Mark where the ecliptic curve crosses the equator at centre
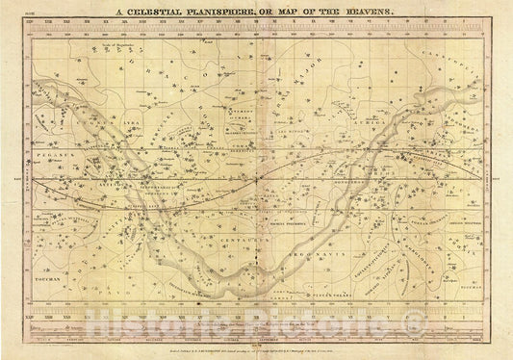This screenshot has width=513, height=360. [x=257, y=177]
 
